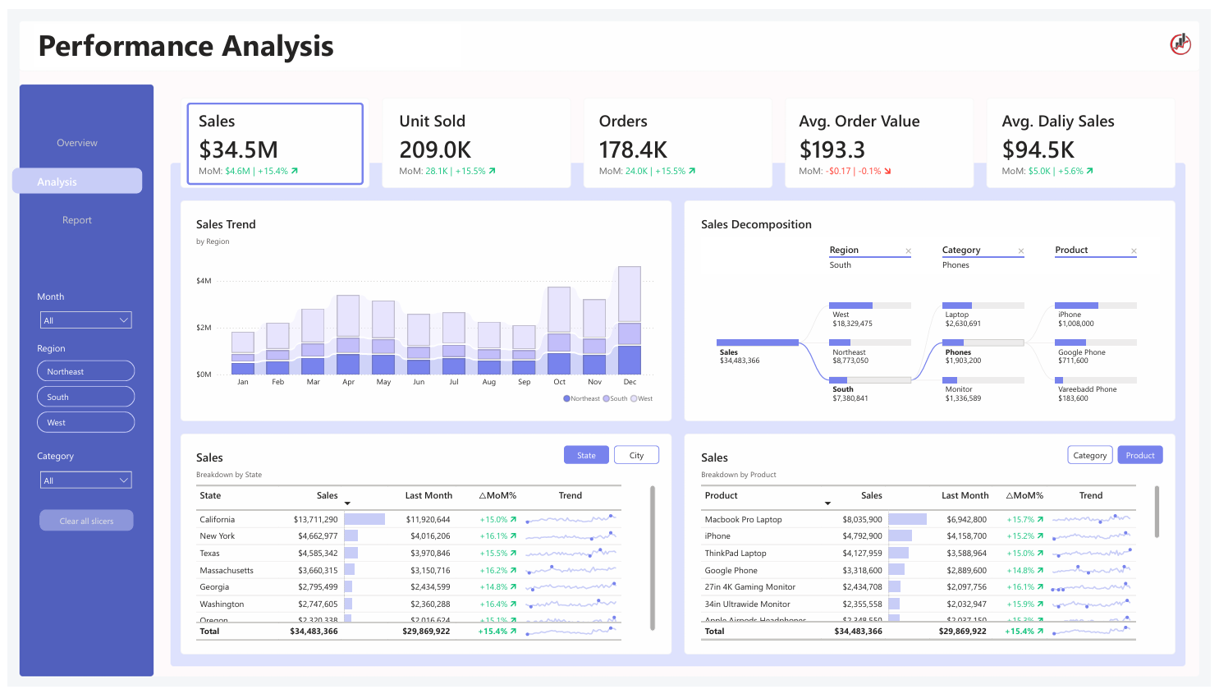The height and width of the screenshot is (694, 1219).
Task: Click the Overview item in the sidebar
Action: point(77,143)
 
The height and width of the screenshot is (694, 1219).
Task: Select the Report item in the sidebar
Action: point(77,220)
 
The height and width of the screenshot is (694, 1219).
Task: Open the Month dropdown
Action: point(86,320)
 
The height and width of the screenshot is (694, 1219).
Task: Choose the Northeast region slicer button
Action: point(85,371)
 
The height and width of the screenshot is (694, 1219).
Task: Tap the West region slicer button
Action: point(85,422)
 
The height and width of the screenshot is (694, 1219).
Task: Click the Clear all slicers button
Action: point(86,521)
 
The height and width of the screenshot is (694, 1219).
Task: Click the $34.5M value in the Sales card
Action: point(239,149)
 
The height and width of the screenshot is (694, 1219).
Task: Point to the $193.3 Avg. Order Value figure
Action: point(832,149)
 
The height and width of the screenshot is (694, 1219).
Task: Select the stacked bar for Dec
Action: point(630,320)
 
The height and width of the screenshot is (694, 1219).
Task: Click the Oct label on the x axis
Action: point(559,382)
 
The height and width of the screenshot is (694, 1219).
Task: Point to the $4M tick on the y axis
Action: point(204,281)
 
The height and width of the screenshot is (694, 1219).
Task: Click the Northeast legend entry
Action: point(582,398)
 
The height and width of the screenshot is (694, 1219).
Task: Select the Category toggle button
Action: point(1089,455)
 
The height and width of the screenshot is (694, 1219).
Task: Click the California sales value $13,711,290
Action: point(315,520)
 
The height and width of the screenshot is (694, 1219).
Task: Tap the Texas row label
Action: point(210,554)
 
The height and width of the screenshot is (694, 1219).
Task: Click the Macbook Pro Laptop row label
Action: point(743,520)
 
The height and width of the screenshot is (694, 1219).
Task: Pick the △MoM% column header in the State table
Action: point(497,495)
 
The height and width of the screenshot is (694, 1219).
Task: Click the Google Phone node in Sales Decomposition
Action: point(1081,352)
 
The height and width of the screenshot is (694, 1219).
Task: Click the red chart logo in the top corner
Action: point(1180,44)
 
